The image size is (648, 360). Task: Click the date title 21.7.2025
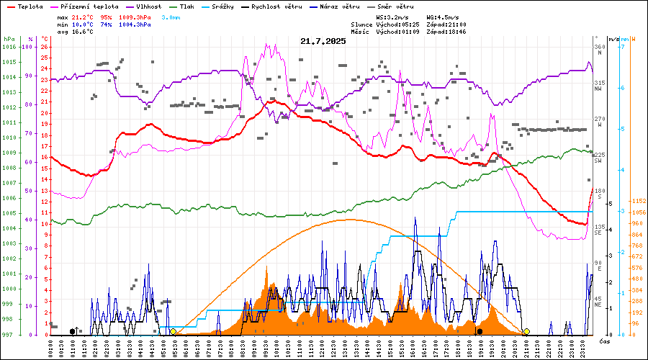(x=323, y=41)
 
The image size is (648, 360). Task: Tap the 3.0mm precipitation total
(x=171, y=16)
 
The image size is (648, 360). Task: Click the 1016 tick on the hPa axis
(x=9, y=47)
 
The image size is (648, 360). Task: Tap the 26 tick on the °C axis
(x=45, y=47)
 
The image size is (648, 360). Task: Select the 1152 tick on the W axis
(x=638, y=201)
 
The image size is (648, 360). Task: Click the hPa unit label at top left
(x=9, y=39)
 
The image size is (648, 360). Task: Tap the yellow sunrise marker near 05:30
(x=173, y=331)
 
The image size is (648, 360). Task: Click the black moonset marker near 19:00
(x=480, y=331)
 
